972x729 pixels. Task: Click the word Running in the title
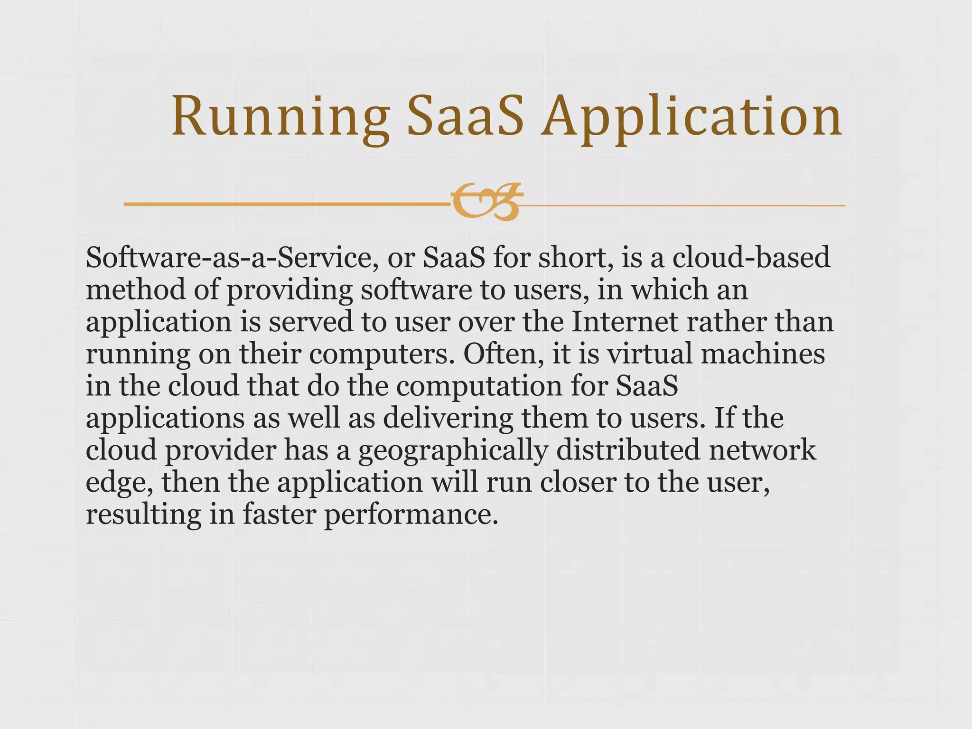[x=280, y=117]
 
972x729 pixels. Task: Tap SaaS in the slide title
[x=466, y=117]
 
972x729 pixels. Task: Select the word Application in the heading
[x=692, y=117]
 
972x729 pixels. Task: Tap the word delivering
[x=448, y=418]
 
